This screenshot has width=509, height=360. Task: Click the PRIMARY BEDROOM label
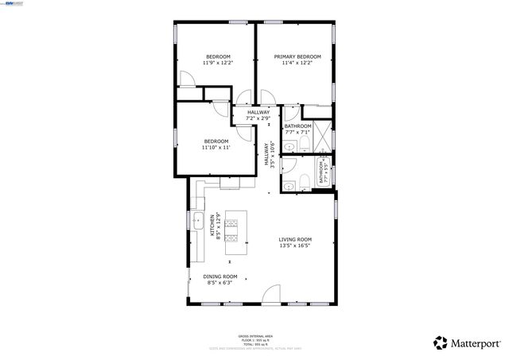click(297, 56)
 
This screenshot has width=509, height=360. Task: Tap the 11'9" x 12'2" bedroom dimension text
click(218, 64)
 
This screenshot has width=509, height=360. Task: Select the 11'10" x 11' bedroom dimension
click(216, 148)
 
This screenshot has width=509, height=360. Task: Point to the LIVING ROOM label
click(294, 239)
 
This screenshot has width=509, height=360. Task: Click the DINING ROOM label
click(219, 276)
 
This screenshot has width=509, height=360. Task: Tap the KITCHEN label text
click(212, 225)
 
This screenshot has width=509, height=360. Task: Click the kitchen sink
click(196, 220)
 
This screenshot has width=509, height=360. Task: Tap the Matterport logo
click(468, 343)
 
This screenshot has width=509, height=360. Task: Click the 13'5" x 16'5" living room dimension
click(294, 246)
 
